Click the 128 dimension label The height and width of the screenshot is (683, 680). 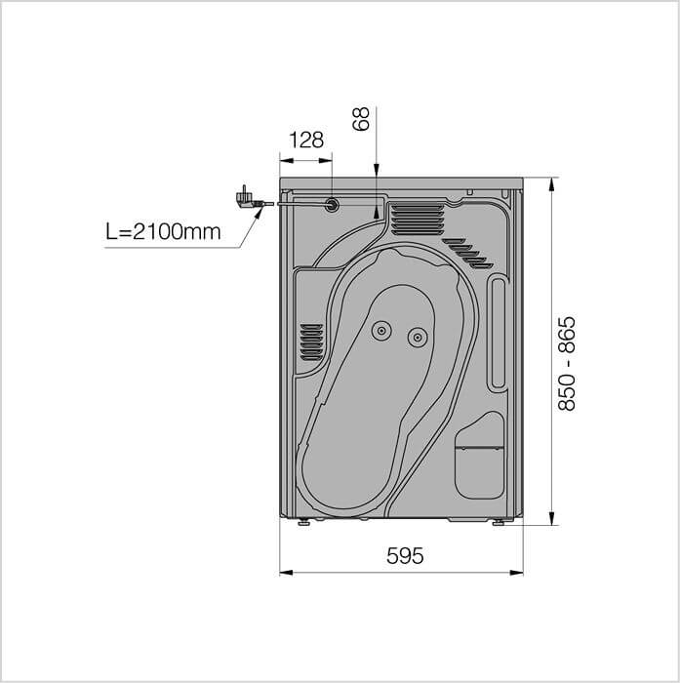306,140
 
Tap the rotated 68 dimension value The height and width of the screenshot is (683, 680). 361,118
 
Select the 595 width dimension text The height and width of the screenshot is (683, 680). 405,555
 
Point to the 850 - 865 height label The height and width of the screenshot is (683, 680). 567,363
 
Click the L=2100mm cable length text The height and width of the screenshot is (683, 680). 163,232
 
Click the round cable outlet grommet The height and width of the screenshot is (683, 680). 332,204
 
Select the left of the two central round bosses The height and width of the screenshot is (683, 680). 381,331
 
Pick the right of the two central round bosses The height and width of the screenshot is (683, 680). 418,338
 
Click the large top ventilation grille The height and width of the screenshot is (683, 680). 418,220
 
